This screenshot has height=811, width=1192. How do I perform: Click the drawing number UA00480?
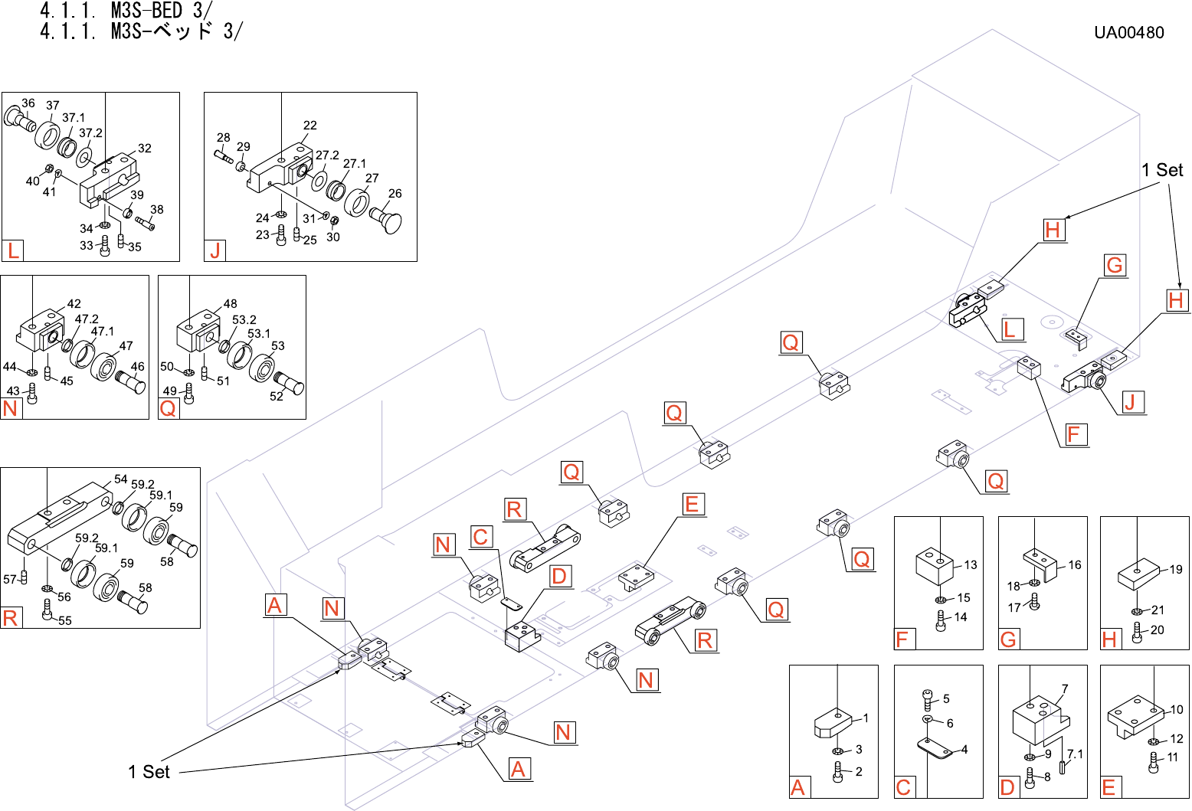tap(1128, 33)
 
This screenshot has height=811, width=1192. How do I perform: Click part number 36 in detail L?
tap(28, 103)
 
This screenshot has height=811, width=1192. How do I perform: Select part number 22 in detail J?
tap(309, 126)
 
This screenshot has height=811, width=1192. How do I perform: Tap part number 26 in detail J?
tap(395, 194)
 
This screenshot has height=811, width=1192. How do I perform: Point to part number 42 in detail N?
tap(74, 304)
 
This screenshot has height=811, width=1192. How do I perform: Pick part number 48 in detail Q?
tap(230, 304)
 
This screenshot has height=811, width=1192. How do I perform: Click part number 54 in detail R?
tap(121, 479)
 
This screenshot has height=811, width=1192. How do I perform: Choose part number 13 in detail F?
tap(971, 565)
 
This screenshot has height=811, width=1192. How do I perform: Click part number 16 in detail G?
tap(1075, 565)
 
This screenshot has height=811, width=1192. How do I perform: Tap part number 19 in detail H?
tap(1176, 570)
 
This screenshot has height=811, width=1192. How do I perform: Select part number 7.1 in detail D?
tap(1076, 754)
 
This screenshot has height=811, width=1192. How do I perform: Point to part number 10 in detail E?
tap(1177, 710)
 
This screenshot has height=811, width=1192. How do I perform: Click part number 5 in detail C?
tap(946, 699)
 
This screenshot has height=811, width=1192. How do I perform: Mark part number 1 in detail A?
tap(866, 718)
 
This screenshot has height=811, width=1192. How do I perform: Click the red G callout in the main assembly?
tap(1115, 266)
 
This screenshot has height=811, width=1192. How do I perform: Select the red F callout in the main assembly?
tap(1073, 435)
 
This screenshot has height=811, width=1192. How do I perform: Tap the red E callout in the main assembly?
tap(692, 504)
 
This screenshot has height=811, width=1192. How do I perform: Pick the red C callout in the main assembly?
tap(480, 537)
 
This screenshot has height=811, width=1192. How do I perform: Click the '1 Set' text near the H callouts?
tap(1162, 170)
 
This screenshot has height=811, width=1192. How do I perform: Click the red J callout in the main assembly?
tap(1129, 402)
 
